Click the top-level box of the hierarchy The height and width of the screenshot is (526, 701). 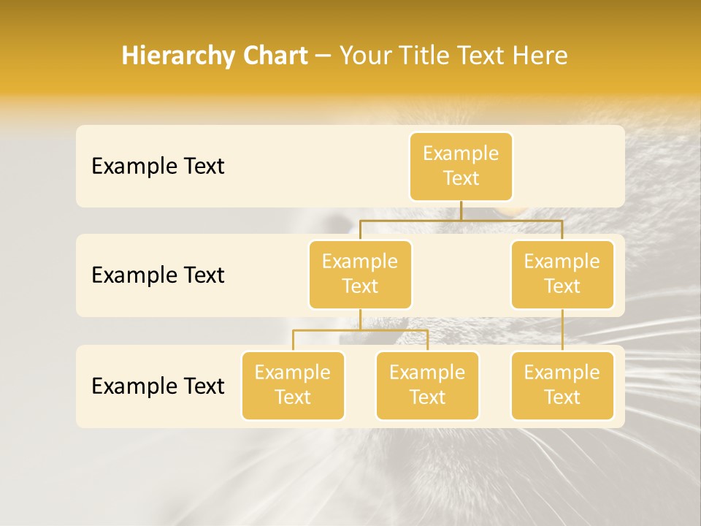coord(461,167)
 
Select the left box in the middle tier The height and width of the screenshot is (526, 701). coord(360,275)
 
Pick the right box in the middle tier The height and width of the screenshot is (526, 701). coord(562,275)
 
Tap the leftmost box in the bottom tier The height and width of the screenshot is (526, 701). coord(293,386)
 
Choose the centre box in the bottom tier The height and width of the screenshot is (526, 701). coord(427,386)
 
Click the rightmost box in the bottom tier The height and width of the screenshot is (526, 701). coord(562,386)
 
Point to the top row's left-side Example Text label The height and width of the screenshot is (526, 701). coord(158,167)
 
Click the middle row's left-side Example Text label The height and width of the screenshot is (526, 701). coord(158,275)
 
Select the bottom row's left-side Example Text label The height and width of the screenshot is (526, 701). coord(158,386)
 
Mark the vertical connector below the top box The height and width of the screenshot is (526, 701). coord(461,210)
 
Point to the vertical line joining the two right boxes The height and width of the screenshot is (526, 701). coord(562,330)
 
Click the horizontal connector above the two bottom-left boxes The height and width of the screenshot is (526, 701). coord(360,330)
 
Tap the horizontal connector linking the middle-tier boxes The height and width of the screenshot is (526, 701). coord(461,220)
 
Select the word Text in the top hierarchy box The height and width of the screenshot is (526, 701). coord(461,178)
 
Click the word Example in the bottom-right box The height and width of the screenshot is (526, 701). coord(562,373)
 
